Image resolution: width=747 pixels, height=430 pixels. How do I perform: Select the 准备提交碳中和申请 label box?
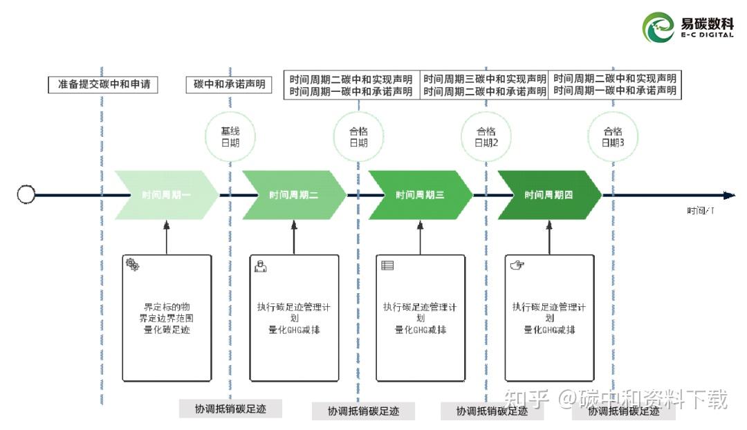coord(103,85)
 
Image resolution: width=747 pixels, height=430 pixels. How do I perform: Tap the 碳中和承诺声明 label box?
coord(229,85)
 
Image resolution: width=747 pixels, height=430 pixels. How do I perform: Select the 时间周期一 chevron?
coord(166,195)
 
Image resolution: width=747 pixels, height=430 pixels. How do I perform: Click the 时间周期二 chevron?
coord(293,195)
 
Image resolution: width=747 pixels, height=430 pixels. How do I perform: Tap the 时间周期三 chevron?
coord(420,195)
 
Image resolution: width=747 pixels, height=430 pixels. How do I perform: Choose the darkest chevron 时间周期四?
coord(549,195)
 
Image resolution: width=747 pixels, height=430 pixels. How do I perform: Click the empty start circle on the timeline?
coord(26,195)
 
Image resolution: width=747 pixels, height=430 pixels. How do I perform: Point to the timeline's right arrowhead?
coord(728,195)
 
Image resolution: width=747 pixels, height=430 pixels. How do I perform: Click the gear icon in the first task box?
coord(132,264)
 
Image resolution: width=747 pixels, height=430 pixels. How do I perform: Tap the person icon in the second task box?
coord(260,265)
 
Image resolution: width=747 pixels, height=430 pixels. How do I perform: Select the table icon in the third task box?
coord(387,265)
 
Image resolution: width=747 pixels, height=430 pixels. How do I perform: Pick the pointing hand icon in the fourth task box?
coord(516,265)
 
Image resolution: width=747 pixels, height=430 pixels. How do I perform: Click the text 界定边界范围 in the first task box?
coord(166,318)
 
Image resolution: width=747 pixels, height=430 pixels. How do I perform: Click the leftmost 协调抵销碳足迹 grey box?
coord(230,409)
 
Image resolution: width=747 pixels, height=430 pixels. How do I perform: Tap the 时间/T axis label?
coord(700,211)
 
